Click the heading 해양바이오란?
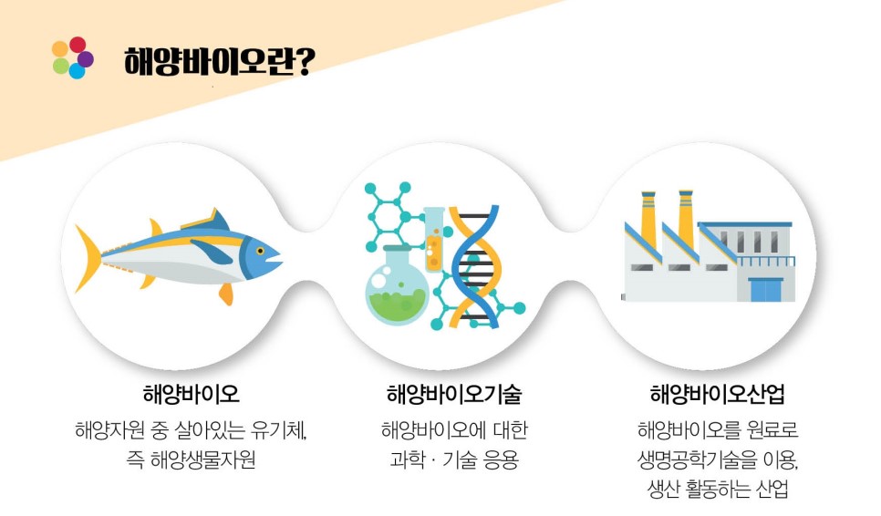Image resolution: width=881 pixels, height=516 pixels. [219, 61]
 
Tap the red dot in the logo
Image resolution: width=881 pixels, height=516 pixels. [78, 45]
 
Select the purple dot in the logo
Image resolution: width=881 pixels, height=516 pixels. [86, 58]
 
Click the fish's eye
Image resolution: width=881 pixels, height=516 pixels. [260, 251]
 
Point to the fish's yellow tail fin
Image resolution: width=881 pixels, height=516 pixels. [88, 258]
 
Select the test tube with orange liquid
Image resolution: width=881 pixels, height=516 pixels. [433, 240]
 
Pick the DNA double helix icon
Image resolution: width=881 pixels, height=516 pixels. [475, 267]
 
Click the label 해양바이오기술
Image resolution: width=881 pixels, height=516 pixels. [454, 394]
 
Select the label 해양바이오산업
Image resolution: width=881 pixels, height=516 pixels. [718, 394]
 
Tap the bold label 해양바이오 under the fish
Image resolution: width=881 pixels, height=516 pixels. [191, 394]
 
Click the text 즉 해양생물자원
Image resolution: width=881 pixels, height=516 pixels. [191, 459]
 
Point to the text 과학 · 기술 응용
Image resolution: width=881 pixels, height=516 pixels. [454, 459]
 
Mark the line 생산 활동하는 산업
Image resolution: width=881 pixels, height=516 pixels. [718, 489]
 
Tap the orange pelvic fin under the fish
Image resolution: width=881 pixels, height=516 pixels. [226, 294]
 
